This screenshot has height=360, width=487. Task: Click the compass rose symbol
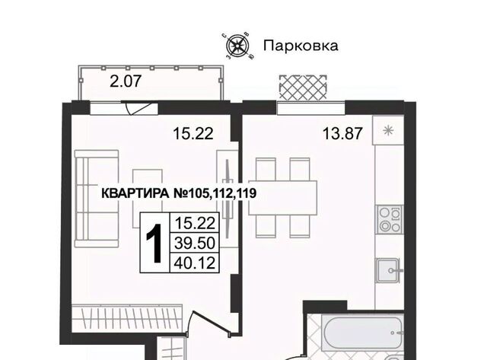[x=237, y=46]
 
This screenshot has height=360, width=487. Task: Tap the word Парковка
[x=301, y=46]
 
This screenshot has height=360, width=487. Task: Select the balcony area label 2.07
[x=126, y=81]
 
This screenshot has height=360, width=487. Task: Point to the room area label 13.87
[x=342, y=133]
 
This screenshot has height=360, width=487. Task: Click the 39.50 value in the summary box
[x=195, y=243]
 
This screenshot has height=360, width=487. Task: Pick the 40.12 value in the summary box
[x=195, y=263]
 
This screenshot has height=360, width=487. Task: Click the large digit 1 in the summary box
[x=154, y=243]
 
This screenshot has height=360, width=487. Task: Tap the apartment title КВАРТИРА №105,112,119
[x=179, y=193]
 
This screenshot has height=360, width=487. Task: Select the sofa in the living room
[x=97, y=199]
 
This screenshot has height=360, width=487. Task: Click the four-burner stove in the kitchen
[x=390, y=220]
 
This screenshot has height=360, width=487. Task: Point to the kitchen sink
[x=390, y=270]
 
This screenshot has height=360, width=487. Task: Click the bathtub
[x=362, y=333]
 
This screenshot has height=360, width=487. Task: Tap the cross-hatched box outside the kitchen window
[x=303, y=88]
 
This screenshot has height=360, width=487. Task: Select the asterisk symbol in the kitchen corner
[x=388, y=130]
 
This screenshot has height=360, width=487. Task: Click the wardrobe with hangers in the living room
[x=127, y=319]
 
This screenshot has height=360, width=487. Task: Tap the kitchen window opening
[x=311, y=108]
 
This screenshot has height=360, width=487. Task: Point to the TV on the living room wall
[x=228, y=199]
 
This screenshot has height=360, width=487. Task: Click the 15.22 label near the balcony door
[x=193, y=133]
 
